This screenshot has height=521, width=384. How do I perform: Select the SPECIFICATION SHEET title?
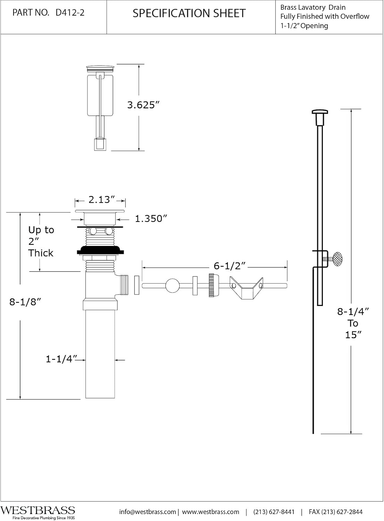coord(189,14)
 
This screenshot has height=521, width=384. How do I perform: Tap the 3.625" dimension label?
coord(143,105)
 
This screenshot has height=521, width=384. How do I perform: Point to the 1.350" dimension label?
coord(151,219)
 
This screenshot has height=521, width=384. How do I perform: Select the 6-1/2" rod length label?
coord(229,266)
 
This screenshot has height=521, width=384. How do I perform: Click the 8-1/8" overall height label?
coord(25,302)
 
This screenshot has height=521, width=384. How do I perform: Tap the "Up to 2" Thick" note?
coord(41,241)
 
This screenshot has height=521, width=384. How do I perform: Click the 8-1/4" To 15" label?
coord(353,323)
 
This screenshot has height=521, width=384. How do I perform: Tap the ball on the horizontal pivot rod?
coord(172,286)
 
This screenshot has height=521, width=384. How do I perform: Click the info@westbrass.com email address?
coord(148,512)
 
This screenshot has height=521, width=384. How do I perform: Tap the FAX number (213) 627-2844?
coord(335,512)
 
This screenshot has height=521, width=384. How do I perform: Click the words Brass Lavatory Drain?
coord(313,7)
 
